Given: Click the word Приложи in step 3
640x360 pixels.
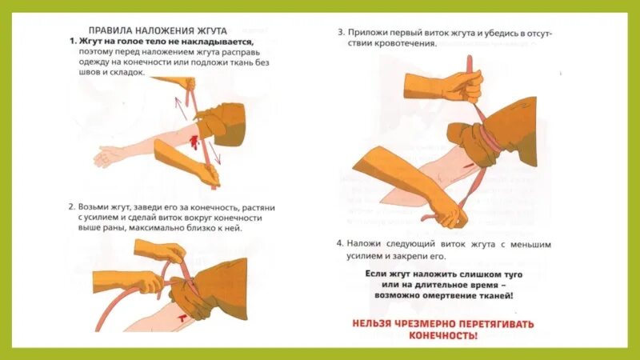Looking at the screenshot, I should coord(370,34).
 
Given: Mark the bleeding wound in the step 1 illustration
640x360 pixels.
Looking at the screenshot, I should coord(194,142).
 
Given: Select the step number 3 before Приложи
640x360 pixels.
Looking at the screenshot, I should coord(340,34).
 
